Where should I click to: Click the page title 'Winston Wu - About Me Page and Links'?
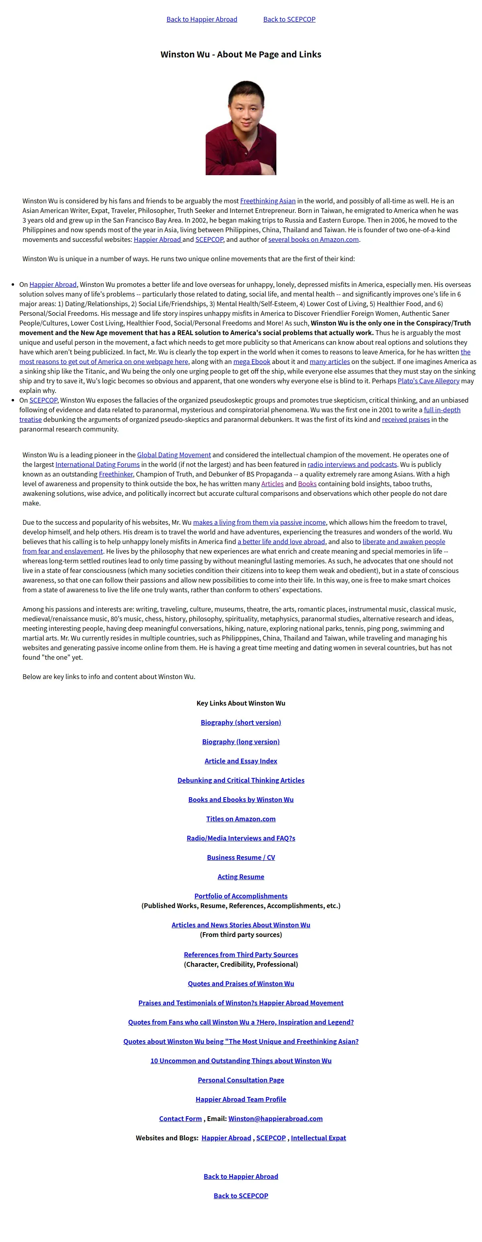[x=241, y=55]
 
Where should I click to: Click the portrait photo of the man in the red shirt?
[x=241, y=128]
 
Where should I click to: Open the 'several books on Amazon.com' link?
[x=313, y=239]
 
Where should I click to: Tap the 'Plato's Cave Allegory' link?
[x=428, y=381]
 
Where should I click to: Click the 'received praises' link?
[x=405, y=419]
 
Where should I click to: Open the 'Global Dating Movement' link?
[x=174, y=455]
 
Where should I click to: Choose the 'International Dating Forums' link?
[x=97, y=464]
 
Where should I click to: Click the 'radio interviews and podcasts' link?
[x=352, y=464]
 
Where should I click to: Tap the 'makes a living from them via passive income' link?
[x=259, y=522]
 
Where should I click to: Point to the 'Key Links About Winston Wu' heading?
[x=241, y=703]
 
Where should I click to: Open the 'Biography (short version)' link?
[x=241, y=722]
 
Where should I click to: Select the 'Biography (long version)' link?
[x=241, y=741]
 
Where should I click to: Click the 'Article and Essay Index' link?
[x=241, y=761]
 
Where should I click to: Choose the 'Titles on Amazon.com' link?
[x=241, y=818]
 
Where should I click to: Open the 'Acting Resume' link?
[x=241, y=876]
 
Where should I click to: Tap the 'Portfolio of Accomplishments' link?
[x=241, y=896]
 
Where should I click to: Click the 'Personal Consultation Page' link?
[x=241, y=1080]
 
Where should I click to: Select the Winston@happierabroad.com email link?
[x=275, y=1119]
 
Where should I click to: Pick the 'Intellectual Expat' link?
[x=318, y=1138]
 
